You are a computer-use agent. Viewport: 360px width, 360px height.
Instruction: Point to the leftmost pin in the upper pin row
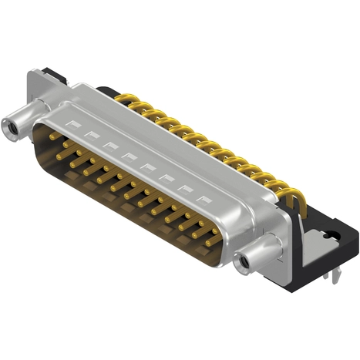pyautogui.click(x=53, y=136)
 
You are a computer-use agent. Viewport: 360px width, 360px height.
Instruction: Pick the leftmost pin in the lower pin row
pyautogui.click(x=64, y=154)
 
